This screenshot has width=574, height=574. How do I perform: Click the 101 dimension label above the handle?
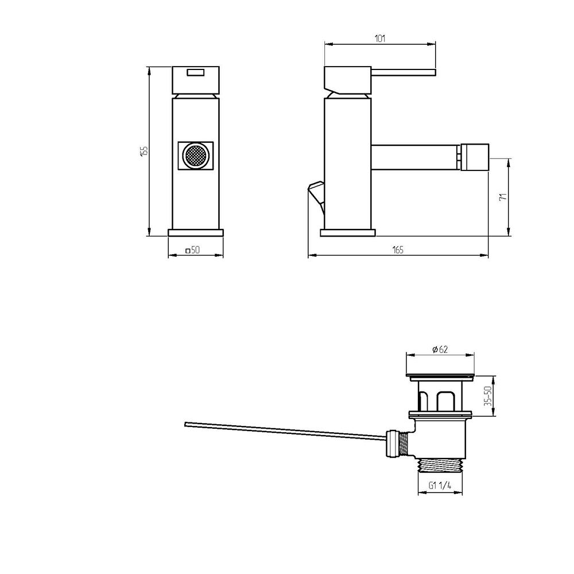click(380, 38)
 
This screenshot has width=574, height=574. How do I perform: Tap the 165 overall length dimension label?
click(398, 250)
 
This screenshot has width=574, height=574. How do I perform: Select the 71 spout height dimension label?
click(503, 196)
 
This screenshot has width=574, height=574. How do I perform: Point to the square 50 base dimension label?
click(192, 250)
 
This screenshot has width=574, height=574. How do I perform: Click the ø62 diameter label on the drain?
click(440, 350)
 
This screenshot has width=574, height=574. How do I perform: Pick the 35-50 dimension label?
click(487, 395)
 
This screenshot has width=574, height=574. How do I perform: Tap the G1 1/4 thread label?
click(440, 486)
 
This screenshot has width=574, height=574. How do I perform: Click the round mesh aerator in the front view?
click(196, 156)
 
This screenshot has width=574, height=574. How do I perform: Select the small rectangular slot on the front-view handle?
click(196, 72)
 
